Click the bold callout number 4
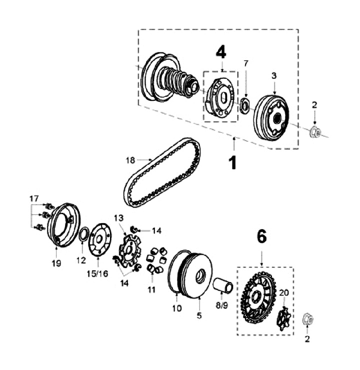pyautogui.click(x=221, y=52)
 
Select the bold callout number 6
pyautogui.click(x=261, y=237)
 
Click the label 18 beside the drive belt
pyautogui.click(x=130, y=160)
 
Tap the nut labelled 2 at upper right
pyautogui.click(x=315, y=132)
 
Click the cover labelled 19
pyautogui.click(x=63, y=225)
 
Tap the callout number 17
pyautogui.click(x=34, y=199)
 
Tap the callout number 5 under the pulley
pyautogui.click(x=198, y=315)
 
